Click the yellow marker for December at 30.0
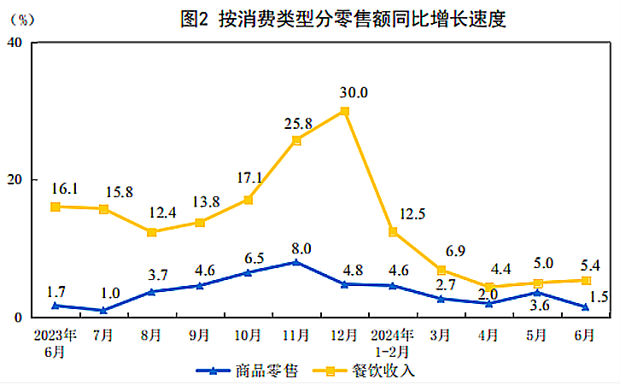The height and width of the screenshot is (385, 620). [x=344, y=111]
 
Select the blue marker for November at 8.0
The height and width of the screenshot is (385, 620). [x=295, y=262]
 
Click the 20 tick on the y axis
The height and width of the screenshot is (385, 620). [x=15, y=180]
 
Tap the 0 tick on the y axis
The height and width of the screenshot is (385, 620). [x=19, y=318]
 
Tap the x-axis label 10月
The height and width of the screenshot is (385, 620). [x=248, y=335]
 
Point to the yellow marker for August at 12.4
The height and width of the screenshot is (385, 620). [x=151, y=232]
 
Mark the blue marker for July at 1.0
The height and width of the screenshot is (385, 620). [x=103, y=311]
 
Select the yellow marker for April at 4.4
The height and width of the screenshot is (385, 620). [x=488, y=288]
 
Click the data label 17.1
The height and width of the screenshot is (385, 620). [x=248, y=180]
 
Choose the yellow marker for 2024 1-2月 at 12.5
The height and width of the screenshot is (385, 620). [x=392, y=231]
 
